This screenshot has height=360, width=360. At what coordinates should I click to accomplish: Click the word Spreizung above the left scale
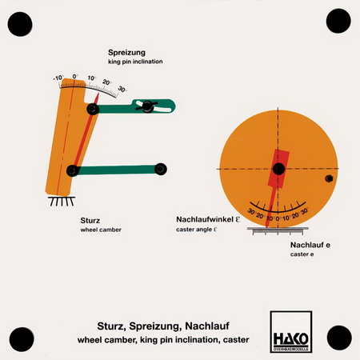pyautogui.click(x=126, y=53)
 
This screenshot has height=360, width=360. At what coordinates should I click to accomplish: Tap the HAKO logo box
pyautogui.click(x=291, y=331)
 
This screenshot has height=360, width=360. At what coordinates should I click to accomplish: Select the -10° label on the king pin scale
pyautogui.click(x=58, y=78)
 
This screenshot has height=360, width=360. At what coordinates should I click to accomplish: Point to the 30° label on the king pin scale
pyautogui.click(x=122, y=89)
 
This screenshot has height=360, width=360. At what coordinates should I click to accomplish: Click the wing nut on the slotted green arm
pyautogui.click(x=146, y=106)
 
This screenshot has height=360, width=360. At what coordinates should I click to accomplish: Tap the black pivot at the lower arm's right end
pyautogui.click(x=161, y=169)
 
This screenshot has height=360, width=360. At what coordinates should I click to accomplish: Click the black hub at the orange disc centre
pyautogui.click(x=278, y=169)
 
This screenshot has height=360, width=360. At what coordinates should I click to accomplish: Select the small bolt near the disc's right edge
pyautogui.click(x=329, y=178)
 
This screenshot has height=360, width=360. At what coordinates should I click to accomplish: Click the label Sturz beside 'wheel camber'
pyautogui.click(x=90, y=221)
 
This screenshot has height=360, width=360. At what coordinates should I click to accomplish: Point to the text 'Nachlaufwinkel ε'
pyautogui.click(x=208, y=219)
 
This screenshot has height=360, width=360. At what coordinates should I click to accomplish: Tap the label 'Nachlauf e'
pyautogui.click(x=310, y=245)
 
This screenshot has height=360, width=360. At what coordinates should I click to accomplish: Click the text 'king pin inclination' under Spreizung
pyautogui.click(x=135, y=62)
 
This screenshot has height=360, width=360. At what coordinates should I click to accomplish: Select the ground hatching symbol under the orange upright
pyautogui.click(x=62, y=202)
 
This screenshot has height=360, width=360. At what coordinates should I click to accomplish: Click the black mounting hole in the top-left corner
pyautogui.click(x=20, y=24)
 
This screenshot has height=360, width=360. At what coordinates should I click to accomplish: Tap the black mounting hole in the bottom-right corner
pyautogui.click(x=339, y=338)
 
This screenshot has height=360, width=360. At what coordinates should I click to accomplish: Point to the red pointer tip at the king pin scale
pyautogui.click(x=98, y=94)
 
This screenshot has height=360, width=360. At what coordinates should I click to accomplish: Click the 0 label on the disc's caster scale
pyautogui.click(x=277, y=218)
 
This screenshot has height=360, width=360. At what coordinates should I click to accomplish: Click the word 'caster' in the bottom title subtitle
pyautogui.click(x=236, y=340)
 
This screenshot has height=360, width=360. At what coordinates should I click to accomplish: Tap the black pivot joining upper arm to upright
pyautogui.click(x=93, y=109)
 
